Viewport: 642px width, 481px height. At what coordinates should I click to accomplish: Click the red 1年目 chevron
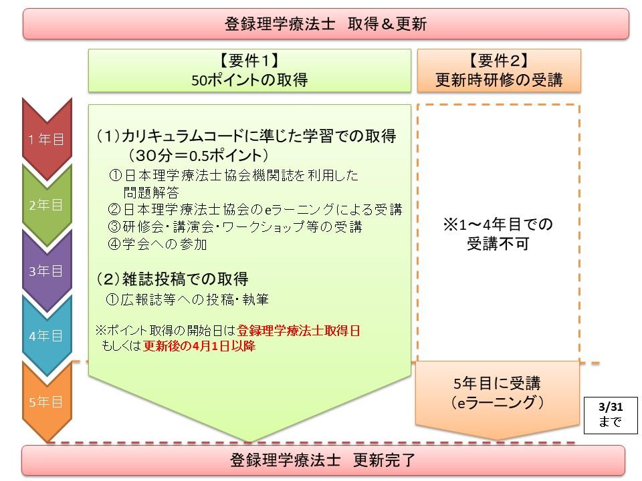click(x=47, y=139)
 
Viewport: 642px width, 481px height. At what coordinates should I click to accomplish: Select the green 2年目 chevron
click(x=47, y=204)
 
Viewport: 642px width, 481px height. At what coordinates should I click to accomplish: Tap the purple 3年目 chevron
click(x=47, y=271)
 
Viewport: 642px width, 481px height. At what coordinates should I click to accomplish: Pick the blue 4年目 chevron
click(x=47, y=336)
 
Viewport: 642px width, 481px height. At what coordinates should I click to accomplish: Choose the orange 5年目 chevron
click(x=47, y=402)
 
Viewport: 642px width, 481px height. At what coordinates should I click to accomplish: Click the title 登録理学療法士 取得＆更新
click(x=326, y=24)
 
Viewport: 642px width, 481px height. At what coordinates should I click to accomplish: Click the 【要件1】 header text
click(x=249, y=61)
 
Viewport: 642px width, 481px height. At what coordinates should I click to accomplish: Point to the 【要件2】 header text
click(x=498, y=61)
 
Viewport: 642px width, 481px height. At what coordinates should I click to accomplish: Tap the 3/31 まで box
click(x=611, y=415)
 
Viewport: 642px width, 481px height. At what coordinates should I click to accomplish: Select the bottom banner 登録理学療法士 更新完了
click(x=323, y=460)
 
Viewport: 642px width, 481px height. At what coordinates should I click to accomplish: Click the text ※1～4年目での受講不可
click(x=498, y=234)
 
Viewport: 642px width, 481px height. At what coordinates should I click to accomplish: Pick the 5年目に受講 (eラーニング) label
click(x=497, y=393)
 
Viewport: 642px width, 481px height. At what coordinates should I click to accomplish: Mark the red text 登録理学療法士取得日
click(x=298, y=331)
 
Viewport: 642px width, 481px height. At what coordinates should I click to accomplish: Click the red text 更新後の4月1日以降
click(x=199, y=346)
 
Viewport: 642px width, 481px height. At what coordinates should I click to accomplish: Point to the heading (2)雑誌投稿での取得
click(x=173, y=279)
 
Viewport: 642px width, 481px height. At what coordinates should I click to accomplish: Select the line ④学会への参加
click(x=157, y=245)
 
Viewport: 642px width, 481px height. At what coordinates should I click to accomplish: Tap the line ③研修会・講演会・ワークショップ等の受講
click(x=235, y=226)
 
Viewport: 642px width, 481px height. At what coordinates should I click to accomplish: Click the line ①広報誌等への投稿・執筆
click(x=187, y=299)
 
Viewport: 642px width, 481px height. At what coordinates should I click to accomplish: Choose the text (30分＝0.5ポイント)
click(x=198, y=156)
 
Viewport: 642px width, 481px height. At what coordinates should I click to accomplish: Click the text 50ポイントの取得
click(x=249, y=79)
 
